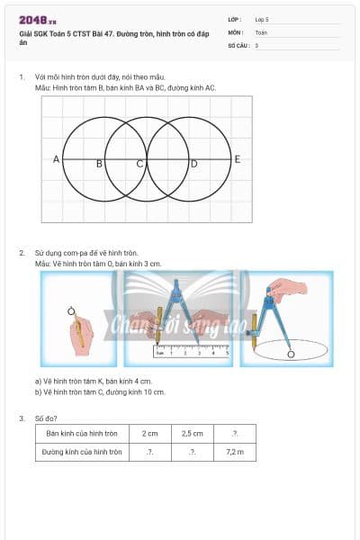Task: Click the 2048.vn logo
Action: click(x=38, y=19)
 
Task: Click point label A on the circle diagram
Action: click(x=56, y=159)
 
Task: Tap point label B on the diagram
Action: click(x=99, y=164)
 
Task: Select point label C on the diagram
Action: click(x=139, y=164)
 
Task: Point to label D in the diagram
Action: click(x=193, y=164)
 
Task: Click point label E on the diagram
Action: click(x=238, y=159)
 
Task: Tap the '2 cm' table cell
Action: click(x=149, y=434)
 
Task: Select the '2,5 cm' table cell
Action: click(x=193, y=434)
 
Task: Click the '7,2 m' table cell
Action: click(x=235, y=452)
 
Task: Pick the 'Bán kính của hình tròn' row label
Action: click(x=82, y=434)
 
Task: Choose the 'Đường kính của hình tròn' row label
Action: click(x=82, y=452)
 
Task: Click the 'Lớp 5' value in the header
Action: click(x=262, y=18)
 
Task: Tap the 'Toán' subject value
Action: click(x=261, y=31)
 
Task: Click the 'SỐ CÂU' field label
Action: click(x=238, y=44)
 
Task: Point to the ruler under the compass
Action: click(x=192, y=353)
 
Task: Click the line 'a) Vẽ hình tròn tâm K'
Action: click(x=99, y=381)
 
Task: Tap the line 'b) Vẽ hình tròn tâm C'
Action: click(x=101, y=391)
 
